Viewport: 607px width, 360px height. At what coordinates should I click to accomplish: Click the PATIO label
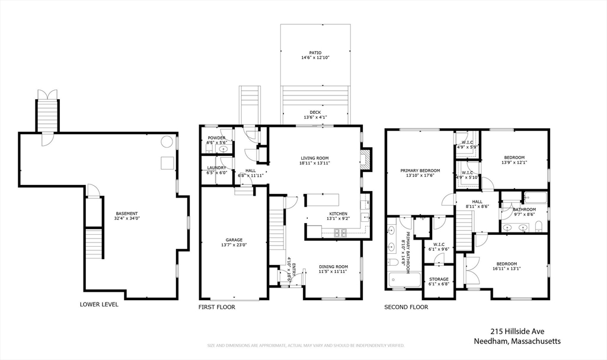point(315,53)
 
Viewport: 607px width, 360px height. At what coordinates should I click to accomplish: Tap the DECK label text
point(315,112)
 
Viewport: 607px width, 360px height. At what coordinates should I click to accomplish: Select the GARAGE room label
point(234,240)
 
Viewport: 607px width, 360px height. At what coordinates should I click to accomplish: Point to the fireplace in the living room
point(366,158)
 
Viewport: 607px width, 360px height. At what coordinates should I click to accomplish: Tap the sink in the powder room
point(223,149)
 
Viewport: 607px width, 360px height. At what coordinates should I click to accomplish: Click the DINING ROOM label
point(333,266)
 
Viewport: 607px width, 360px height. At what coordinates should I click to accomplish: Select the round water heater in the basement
point(168,142)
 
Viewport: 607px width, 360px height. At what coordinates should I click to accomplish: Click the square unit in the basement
point(168,163)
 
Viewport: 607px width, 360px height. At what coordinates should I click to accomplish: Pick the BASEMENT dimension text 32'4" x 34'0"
point(127,218)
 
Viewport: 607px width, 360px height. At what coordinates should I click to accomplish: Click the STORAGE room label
point(439,279)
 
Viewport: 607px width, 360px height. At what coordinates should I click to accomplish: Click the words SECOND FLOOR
point(406,307)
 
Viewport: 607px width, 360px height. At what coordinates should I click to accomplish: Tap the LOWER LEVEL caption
point(99,304)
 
